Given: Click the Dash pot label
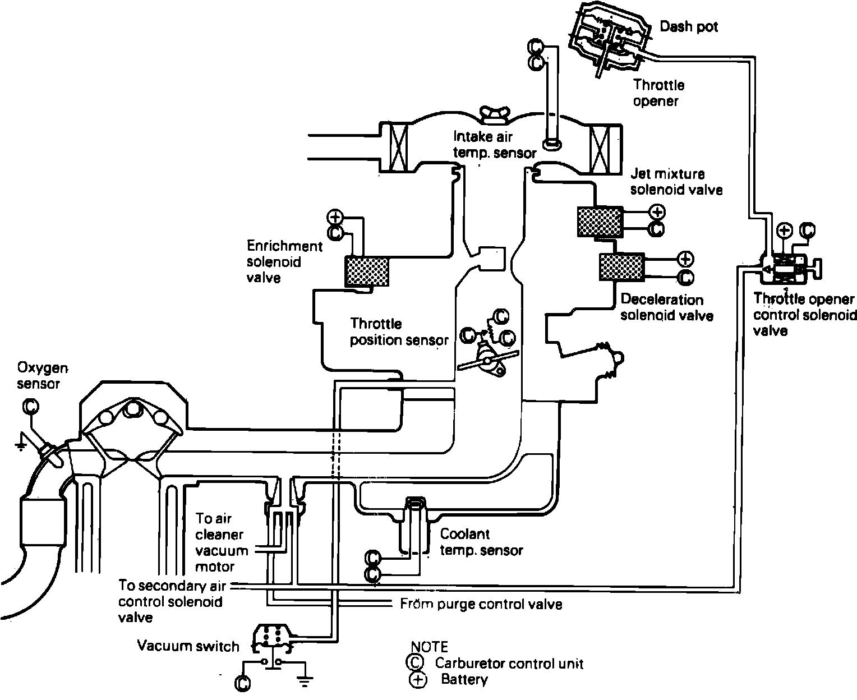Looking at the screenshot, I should [688, 27].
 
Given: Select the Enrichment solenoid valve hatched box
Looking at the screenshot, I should [367, 271].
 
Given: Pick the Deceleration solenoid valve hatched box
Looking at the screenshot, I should [621, 267].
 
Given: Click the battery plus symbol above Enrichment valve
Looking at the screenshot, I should [335, 217].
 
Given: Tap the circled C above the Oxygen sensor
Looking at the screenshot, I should [30, 406].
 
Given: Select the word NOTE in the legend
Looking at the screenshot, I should [430, 647].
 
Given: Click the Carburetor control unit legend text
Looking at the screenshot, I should [509, 664].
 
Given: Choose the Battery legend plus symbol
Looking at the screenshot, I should [418, 680].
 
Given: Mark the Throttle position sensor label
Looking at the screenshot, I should [399, 332].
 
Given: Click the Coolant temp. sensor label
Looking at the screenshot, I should [481, 542].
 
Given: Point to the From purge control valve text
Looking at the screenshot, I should [481, 604].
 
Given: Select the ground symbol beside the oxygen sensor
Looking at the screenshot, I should [21, 445].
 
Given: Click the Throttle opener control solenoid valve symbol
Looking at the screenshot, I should [785, 269].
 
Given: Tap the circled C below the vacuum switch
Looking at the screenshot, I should [243, 683].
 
